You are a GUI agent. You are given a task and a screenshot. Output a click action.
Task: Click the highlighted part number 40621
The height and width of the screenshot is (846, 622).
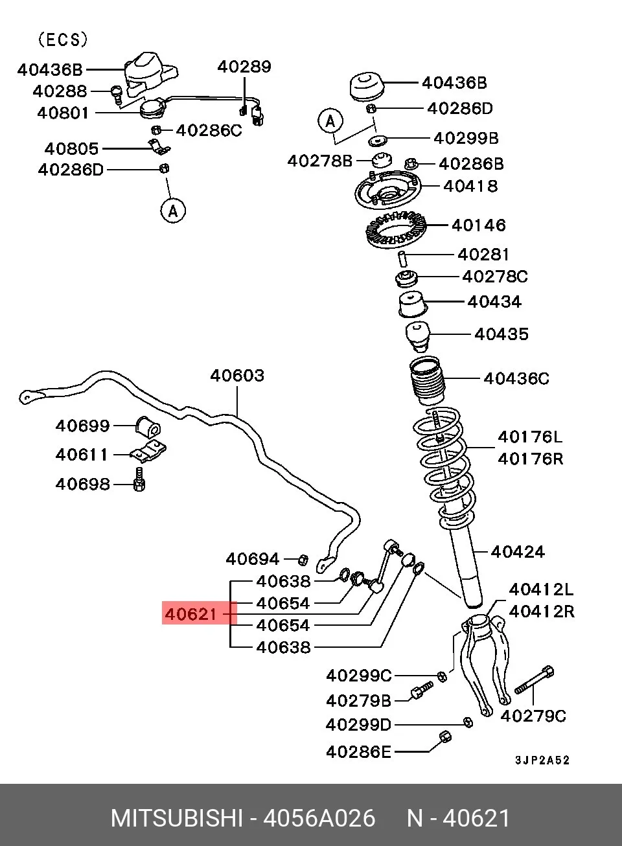coord(190,615)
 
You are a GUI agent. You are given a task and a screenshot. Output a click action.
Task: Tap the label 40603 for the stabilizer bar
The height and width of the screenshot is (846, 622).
coord(237,376)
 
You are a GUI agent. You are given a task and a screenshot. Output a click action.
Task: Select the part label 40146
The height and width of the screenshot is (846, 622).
coord(479,225)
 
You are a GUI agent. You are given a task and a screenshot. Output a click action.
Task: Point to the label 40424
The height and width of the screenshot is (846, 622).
coord(518,552)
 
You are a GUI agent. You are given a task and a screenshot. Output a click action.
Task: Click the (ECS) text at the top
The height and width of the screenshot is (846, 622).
coord(63,40)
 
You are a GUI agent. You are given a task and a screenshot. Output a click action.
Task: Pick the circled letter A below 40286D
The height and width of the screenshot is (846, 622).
coord(173,211)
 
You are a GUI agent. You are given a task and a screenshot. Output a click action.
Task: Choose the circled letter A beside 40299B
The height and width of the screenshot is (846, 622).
coord(330,122)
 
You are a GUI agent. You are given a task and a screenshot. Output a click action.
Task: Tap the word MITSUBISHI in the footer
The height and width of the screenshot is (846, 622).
coord(176,818)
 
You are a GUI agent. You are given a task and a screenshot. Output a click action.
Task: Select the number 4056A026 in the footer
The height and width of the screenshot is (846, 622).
coord(319,818)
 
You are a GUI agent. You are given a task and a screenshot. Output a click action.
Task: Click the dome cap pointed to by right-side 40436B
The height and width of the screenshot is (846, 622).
coord(366,87)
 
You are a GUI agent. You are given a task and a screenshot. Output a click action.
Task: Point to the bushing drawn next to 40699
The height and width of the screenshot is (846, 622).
coord(148,426)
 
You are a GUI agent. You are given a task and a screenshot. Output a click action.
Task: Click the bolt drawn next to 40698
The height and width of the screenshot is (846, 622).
coord(139,479)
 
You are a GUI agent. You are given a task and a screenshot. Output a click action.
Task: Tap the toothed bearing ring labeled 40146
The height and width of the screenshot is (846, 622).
coord(397,228)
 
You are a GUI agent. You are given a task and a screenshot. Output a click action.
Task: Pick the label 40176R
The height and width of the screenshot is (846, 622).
coord(530,459)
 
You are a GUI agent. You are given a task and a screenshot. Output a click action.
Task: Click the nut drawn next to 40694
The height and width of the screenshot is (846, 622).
coord(303,559)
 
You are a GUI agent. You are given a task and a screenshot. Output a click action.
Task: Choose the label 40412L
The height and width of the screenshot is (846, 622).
coord(541,589)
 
